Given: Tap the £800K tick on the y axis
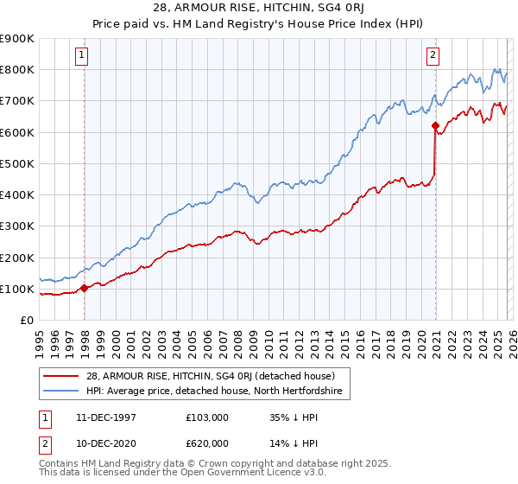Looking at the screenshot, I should (17, 70).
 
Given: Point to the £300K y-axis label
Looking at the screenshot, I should (17, 226).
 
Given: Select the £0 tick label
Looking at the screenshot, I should (26, 321).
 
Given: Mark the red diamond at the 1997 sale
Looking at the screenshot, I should (84, 289).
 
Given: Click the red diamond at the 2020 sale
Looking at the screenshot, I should (434, 126).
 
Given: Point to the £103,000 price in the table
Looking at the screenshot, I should (208, 417).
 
